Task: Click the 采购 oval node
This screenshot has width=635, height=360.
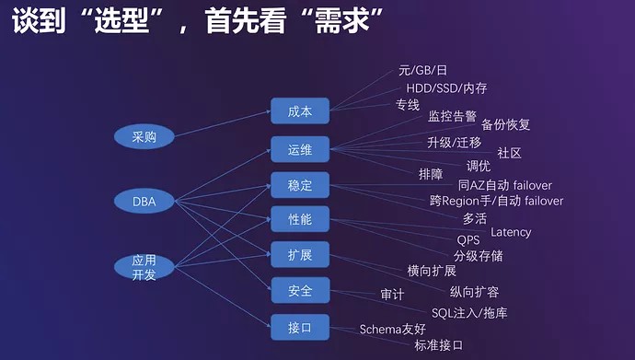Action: pyautogui.click(x=144, y=136)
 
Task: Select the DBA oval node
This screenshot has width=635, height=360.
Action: pyautogui.click(x=144, y=201)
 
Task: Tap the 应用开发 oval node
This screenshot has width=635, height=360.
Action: pyautogui.click(x=144, y=267)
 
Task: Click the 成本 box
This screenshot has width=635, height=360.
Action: pyautogui.click(x=300, y=111)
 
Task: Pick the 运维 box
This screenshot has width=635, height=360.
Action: pyautogui.click(x=300, y=149)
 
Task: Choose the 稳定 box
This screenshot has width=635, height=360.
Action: pyautogui.click(x=300, y=185)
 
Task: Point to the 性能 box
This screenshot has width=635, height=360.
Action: pyautogui.click(x=300, y=219)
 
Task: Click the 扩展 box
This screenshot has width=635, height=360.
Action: pyautogui.click(x=300, y=255)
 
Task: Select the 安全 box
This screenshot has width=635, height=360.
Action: pyautogui.click(x=300, y=290)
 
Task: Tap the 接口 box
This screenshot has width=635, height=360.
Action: pyautogui.click(x=300, y=327)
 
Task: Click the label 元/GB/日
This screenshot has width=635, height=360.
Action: pyautogui.click(x=422, y=70)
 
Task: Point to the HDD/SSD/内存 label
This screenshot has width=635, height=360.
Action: pyautogui.click(x=446, y=87)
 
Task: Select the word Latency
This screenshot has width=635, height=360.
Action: pyautogui.click(x=511, y=232)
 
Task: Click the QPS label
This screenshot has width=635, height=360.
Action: pyautogui.click(x=468, y=240)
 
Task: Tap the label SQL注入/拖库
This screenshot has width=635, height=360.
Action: pyautogui.click(x=469, y=313)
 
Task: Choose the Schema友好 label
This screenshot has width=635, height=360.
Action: pyautogui.click(x=393, y=329)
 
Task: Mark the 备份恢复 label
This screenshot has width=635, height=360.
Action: pyautogui.click(x=505, y=124)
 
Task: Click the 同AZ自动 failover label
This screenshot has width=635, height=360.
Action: pyautogui.click(x=505, y=185)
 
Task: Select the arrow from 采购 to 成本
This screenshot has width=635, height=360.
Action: pyautogui.click(x=223, y=123)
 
